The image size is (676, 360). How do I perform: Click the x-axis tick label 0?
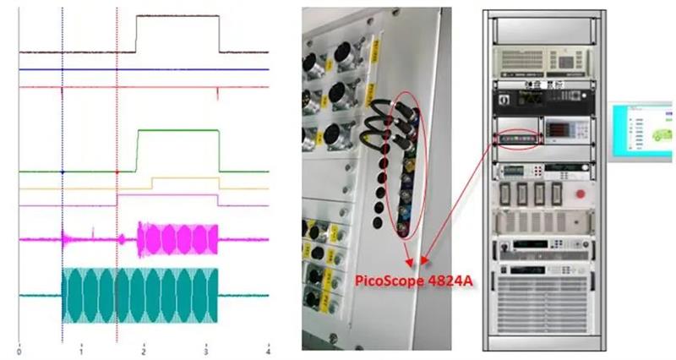(x=19, y=350)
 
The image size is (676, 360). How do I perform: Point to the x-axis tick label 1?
(x=81, y=350)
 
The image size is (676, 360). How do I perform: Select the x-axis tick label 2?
(x=144, y=350)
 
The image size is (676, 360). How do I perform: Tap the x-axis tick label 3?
(x=206, y=350)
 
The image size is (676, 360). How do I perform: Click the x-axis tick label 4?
(x=268, y=350)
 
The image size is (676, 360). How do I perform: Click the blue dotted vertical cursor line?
(x=63, y=118)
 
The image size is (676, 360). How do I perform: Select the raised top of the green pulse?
(x=177, y=131)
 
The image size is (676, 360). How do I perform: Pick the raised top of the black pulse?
(x=177, y=16)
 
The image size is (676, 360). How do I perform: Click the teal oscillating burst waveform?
(x=139, y=296)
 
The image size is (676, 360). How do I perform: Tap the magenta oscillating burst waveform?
(x=177, y=240)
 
